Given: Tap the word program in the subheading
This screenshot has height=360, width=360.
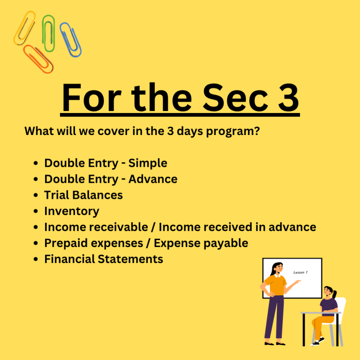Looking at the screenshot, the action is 233,132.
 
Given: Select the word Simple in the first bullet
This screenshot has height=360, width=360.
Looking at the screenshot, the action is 148,164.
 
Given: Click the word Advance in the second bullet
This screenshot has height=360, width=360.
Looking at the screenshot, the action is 153,179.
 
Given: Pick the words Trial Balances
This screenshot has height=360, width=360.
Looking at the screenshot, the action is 83,195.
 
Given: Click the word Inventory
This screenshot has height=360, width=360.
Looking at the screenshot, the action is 72,211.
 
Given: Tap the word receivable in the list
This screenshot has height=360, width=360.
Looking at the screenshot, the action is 119,227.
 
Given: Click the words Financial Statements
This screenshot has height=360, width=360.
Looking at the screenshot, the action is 104,259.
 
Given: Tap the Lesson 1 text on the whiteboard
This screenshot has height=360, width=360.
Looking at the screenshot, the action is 300,272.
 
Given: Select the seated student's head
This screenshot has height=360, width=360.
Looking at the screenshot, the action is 328,292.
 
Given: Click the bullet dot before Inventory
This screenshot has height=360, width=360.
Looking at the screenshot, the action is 36,211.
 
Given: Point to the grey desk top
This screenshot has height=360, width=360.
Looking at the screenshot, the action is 321,313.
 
